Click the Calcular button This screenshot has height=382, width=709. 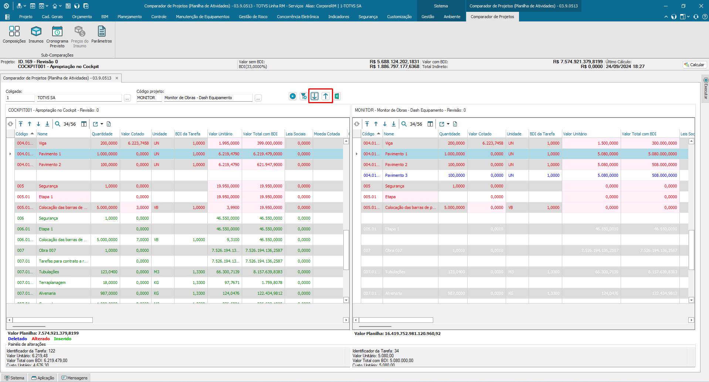pyautogui.click(x=695, y=65)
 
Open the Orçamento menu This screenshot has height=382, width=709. pyautogui.click(x=82, y=17)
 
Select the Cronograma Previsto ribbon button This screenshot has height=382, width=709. pyautogui.click(x=57, y=37)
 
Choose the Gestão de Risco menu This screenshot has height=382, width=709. pyautogui.click(x=253, y=17)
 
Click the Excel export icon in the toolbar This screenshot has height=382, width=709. pyautogui.click(x=337, y=96)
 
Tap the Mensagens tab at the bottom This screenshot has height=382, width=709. pyautogui.click(x=75, y=378)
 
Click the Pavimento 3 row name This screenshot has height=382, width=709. pyautogui.click(x=396, y=175)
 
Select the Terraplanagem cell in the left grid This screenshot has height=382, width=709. pyautogui.click(x=52, y=283)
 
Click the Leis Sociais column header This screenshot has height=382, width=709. pyautogui.click(x=295, y=134)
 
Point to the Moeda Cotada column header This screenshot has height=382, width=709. pyautogui.click(x=327, y=134)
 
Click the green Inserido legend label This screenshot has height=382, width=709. pyautogui.click(x=62, y=339)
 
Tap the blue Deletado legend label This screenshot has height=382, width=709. pyautogui.click(x=17, y=339)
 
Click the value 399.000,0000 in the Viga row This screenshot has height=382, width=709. pyautogui.click(x=269, y=143)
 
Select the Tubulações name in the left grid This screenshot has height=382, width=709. pyautogui.click(x=49, y=272)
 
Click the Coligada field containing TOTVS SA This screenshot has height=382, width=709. pyautogui.click(x=78, y=98)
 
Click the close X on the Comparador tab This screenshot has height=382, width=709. pyautogui.click(x=117, y=78)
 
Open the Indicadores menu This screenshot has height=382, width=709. pyautogui.click(x=338, y=17)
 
